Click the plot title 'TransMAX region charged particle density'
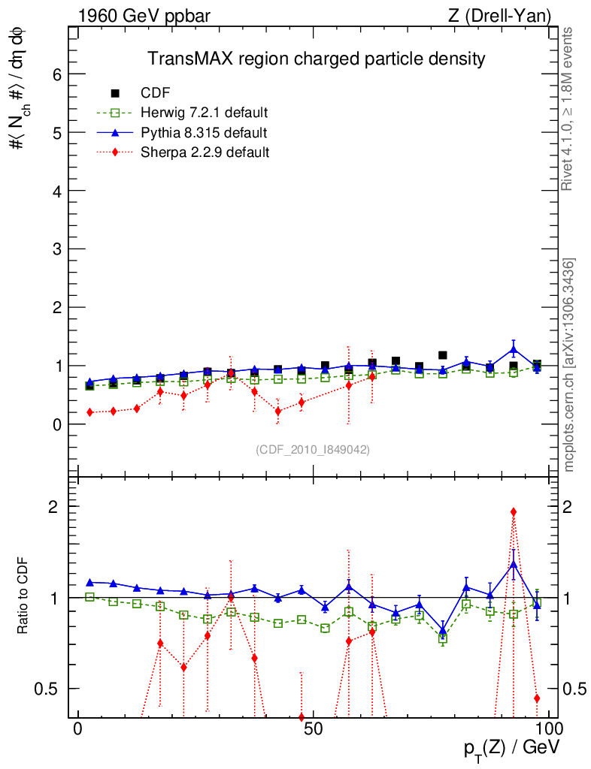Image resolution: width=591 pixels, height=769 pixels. click(x=316, y=59)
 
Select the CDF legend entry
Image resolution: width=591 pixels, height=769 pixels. click(x=156, y=93)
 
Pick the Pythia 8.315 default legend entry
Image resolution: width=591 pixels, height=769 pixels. click(x=203, y=133)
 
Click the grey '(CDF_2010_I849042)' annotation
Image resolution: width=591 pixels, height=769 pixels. click(x=313, y=449)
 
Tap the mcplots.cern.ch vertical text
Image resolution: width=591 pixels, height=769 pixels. click(x=569, y=365)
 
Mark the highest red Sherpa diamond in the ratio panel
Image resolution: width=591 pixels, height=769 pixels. click(x=514, y=512)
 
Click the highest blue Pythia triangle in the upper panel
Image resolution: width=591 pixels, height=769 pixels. click(x=514, y=349)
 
